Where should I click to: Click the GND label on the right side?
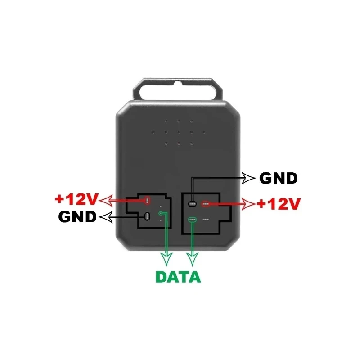click(279, 178)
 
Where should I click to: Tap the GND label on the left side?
click(77, 217)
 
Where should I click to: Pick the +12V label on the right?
click(278, 203)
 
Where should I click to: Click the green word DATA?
click(178, 277)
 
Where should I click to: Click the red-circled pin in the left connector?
click(147, 200)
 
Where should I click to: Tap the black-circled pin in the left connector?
click(147, 216)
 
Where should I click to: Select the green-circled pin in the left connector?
click(161, 213)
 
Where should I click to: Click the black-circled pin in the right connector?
click(192, 204)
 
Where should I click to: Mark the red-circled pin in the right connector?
click(207, 204)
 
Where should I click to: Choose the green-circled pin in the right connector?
click(193, 220)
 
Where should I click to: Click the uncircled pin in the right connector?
click(206, 220)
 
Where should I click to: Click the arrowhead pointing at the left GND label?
click(103, 217)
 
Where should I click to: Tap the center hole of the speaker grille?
click(179, 132)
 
